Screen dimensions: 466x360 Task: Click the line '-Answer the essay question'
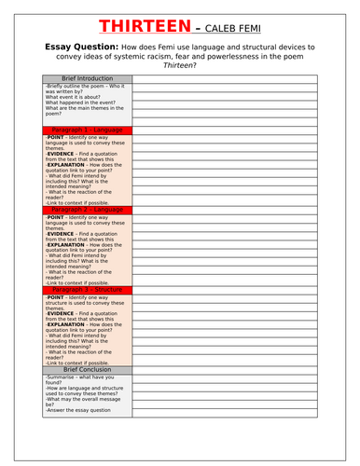click(77, 410)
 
